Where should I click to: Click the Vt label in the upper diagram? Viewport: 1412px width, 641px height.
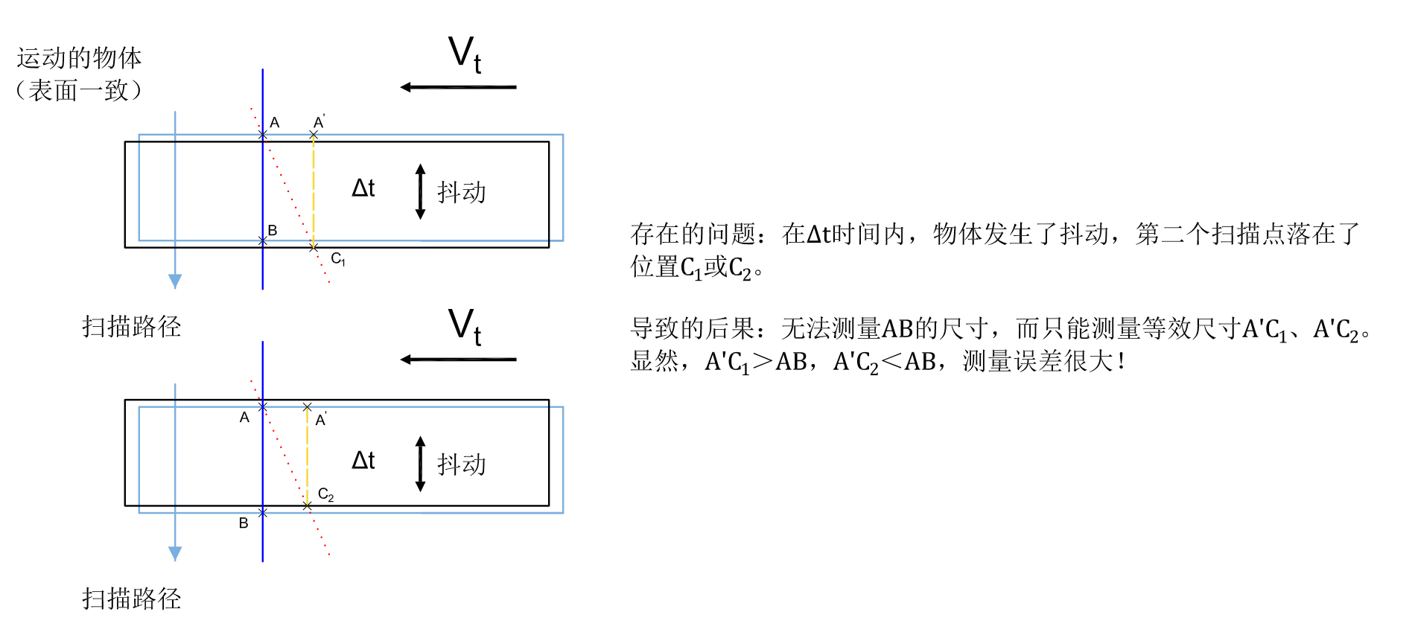tap(465, 55)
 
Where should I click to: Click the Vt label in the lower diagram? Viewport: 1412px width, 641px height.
tap(465, 328)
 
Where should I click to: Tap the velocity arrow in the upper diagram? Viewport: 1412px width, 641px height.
tap(457, 87)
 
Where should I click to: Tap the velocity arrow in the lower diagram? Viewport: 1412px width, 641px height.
tap(457, 360)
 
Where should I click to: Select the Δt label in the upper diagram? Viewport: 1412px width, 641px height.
tap(363, 188)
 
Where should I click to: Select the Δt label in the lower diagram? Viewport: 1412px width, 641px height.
tap(363, 461)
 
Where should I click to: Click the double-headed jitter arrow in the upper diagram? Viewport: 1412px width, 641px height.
tap(420, 192)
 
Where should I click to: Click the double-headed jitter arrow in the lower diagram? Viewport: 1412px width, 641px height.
tap(420, 464)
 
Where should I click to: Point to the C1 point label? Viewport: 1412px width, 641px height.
tap(337, 259)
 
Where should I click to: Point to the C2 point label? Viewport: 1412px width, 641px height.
tap(325, 494)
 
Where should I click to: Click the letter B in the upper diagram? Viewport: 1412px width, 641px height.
tap(273, 231)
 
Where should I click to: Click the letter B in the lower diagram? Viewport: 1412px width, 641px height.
tap(244, 523)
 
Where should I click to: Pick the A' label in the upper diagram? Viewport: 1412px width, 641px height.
tap(319, 122)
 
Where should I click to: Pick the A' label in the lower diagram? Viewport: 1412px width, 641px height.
tap(321, 420)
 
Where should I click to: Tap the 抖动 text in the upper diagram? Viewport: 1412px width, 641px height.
tap(462, 192)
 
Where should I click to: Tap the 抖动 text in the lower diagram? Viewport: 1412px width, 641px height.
tap(462, 465)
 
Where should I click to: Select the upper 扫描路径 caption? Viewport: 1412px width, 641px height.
tap(132, 326)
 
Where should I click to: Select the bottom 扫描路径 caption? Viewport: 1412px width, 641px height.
tap(132, 599)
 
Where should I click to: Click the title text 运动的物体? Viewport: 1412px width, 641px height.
tap(79, 58)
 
